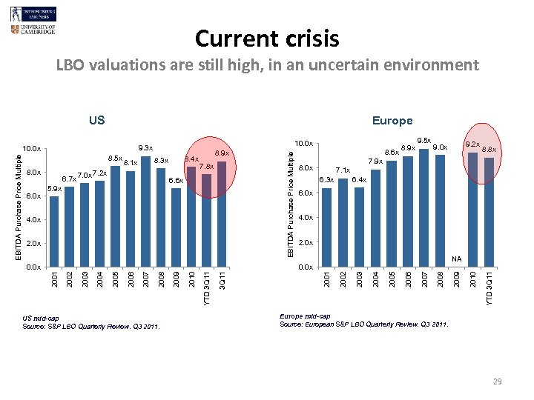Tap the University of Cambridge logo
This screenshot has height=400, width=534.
pyautogui.click(x=33, y=30)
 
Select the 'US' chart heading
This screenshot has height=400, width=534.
pyautogui.click(x=96, y=121)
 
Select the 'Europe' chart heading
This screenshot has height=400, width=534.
pyautogui.click(x=392, y=121)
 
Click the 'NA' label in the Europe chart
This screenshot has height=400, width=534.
pyautogui.click(x=457, y=259)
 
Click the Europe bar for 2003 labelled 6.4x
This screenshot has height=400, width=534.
pyautogui.click(x=359, y=227)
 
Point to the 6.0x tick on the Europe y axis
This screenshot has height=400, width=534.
pyautogui.click(x=306, y=193)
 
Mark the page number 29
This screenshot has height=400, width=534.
pyautogui.click(x=498, y=381)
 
